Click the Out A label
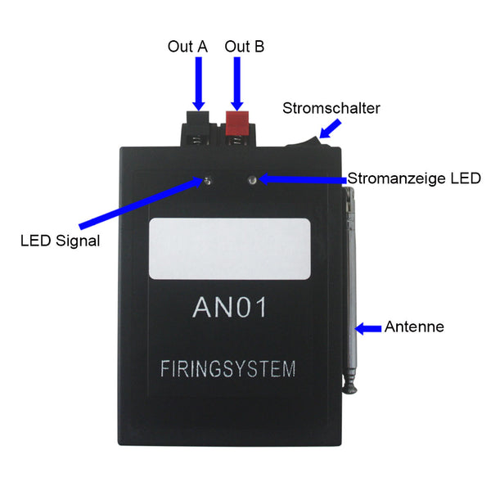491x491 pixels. click(x=187, y=47)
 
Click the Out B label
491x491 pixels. click(x=244, y=47)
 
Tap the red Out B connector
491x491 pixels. click(x=237, y=123)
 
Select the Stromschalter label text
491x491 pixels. click(x=331, y=108)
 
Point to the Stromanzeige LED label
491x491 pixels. click(x=414, y=178)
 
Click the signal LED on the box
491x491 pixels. click(x=209, y=180)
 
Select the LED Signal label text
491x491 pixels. click(x=60, y=241)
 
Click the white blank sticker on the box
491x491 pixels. click(x=232, y=247)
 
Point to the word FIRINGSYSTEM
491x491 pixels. click(x=228, y=368)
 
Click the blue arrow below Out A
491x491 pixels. click(x=198, y=82)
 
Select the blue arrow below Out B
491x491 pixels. click(x=237, y=82)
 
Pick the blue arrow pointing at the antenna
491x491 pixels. click(x=369, y=328)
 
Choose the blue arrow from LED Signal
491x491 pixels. click(x=139, y=204)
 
